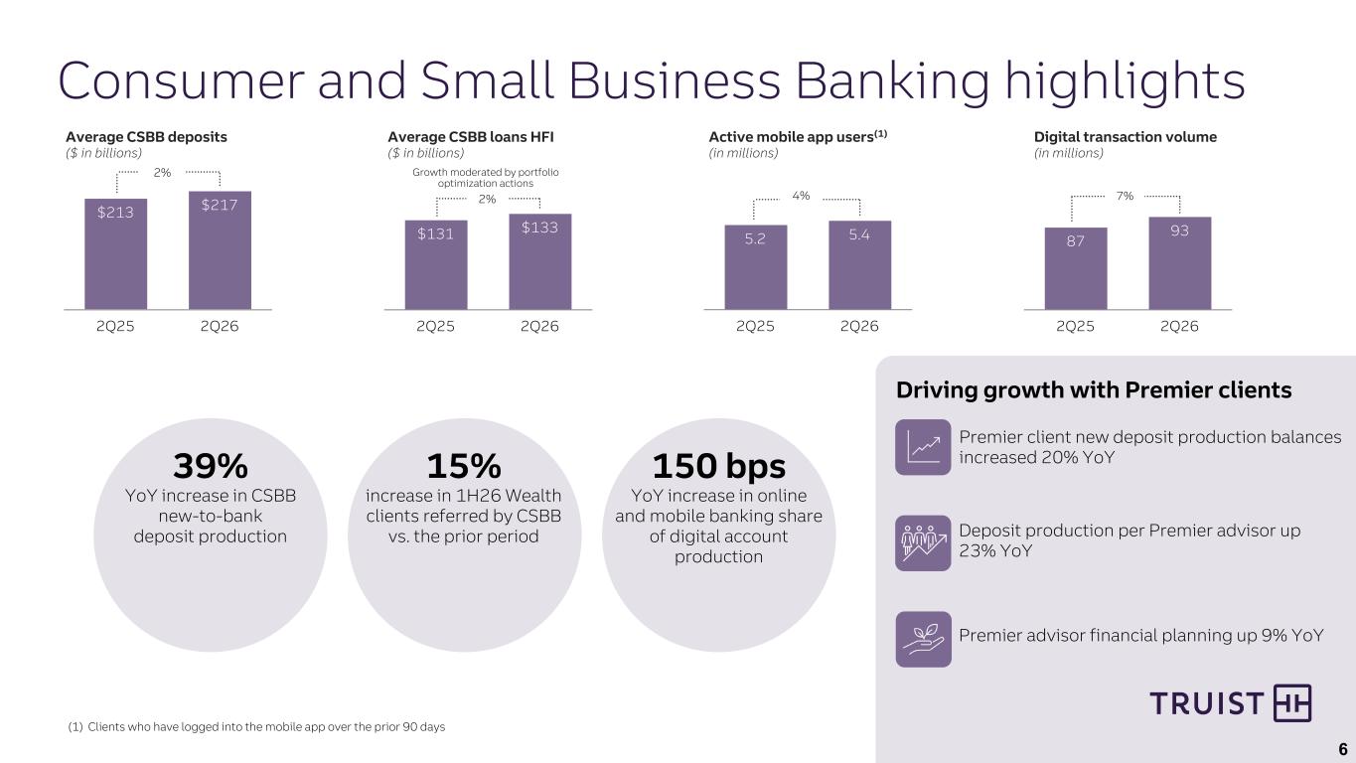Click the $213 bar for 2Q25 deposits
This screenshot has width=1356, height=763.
point(115,254)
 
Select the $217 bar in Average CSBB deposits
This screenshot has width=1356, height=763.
point(220,250)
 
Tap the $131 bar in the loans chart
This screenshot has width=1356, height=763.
point(436,265)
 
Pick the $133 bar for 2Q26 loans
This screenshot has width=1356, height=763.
point(540,261)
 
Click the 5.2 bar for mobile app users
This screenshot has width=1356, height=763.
point(756,267)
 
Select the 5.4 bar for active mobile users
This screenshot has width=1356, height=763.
point(859,265)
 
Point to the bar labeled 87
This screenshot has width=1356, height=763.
point(1076,269)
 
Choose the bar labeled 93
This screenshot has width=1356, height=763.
point(1180,263)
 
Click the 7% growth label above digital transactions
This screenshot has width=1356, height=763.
point(1125,196)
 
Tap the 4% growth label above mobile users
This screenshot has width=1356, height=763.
point(801,196)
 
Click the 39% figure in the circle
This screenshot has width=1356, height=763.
point(211,466)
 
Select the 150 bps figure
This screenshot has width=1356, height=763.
point(718,466)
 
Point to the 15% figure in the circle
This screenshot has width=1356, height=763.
point(464,466)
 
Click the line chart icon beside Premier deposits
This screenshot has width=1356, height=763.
point(923,447)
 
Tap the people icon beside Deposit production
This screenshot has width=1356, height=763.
point(923,543)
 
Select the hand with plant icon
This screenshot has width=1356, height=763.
point(923,639)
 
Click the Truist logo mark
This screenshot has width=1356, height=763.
point(1292,703)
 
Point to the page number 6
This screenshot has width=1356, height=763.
point(1343,749)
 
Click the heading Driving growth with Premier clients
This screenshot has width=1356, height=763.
point(1094,390)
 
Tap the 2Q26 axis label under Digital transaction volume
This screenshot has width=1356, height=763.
point(1179,327)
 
